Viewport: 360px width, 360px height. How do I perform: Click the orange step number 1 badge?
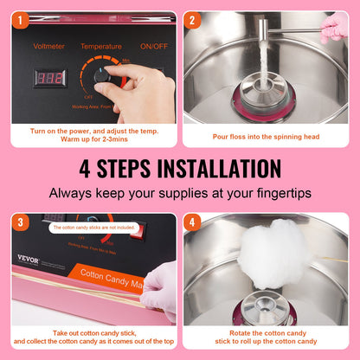(18, 18)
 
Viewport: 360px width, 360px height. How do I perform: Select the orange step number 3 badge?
(18, 222)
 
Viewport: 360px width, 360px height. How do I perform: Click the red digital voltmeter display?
(49, 78)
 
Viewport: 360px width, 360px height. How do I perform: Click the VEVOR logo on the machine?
(29, 260)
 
